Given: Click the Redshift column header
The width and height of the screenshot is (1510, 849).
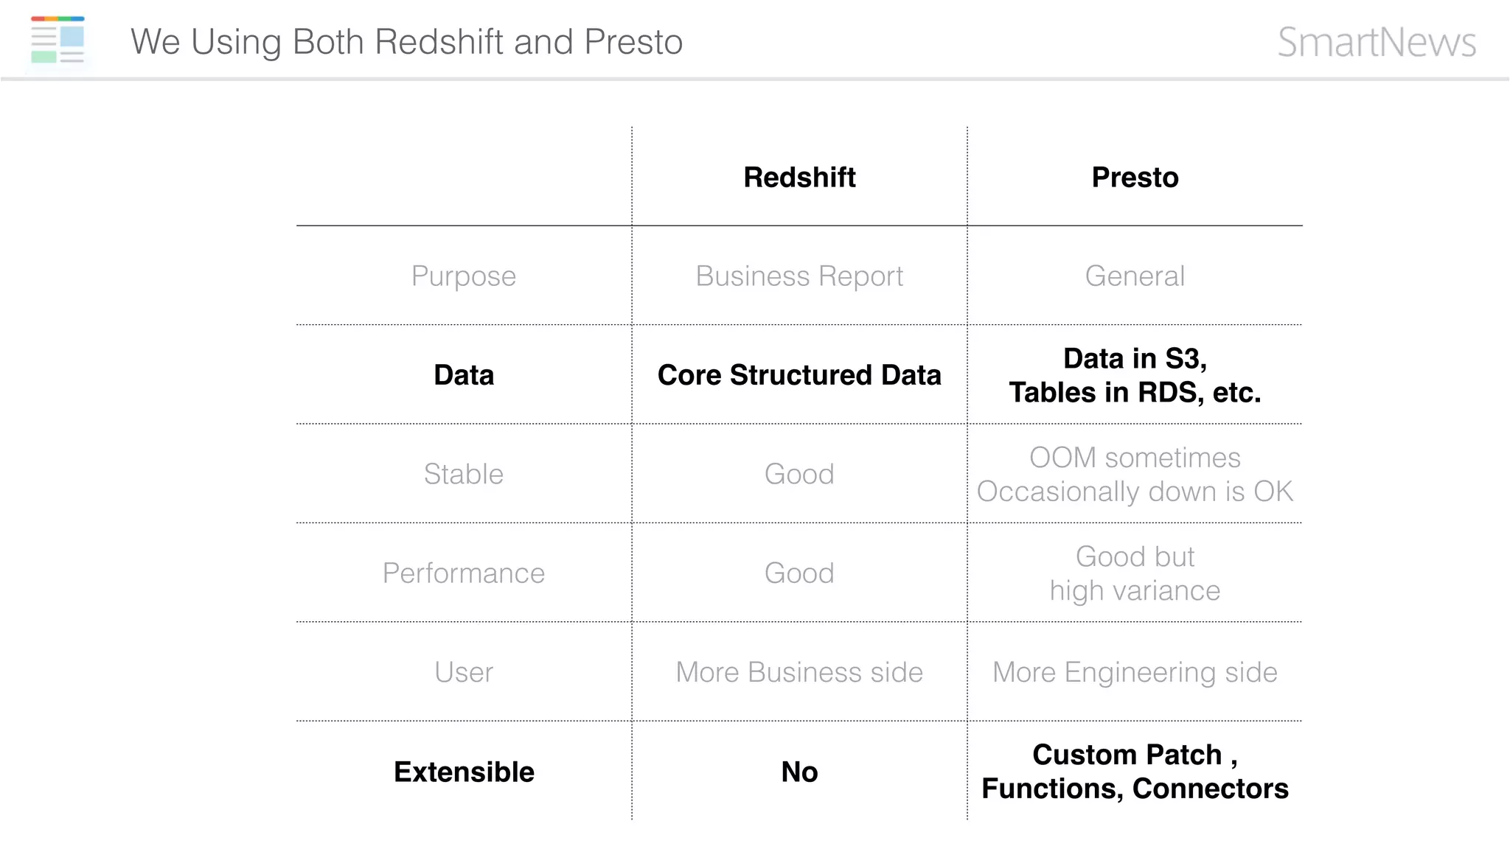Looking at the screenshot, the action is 799,178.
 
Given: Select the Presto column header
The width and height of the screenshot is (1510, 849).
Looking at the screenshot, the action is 1135,178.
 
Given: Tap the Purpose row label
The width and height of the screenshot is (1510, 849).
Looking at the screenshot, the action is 463,276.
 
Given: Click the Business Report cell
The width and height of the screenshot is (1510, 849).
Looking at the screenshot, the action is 799,276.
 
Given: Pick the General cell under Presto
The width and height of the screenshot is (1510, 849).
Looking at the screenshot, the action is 1135,276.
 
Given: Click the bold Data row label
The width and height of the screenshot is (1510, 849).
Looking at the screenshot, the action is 463,375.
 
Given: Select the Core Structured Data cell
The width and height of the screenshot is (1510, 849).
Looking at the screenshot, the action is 799,375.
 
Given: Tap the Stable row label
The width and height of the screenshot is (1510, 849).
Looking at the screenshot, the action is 463,474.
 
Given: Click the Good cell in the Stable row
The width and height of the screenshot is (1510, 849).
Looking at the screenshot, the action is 799,474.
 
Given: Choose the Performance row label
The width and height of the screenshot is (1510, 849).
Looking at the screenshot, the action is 463,573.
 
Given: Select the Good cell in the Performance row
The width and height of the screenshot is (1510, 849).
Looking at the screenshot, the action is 799,573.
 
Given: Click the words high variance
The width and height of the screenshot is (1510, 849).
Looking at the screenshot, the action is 1135,591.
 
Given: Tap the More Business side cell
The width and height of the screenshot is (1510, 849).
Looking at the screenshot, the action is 799,672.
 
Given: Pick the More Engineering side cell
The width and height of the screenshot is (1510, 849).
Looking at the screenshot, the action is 1135,672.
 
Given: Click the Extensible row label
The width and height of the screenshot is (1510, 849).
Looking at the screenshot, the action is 463,772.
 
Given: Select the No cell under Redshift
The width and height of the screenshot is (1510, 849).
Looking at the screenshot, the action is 799,772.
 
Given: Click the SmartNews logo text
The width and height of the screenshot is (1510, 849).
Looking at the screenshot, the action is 1377,42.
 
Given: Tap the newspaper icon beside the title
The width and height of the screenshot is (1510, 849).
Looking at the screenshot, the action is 58,41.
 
